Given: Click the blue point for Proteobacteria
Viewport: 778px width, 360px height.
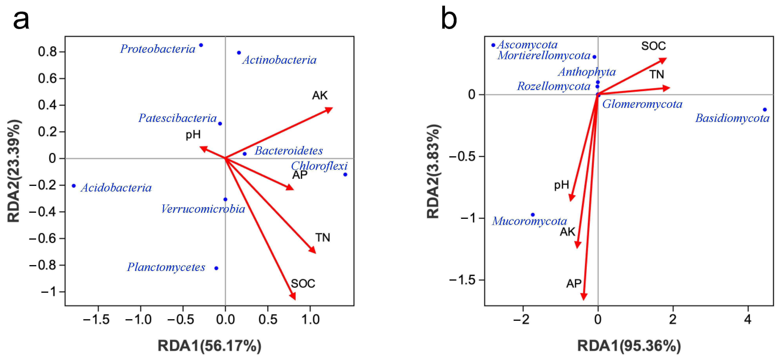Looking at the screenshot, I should (201, 45).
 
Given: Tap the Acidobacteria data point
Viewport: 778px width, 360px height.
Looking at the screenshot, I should (74, 186).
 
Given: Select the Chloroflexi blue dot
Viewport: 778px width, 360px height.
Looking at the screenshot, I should (345, 175).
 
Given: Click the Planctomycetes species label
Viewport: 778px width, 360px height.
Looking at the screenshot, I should (166, 267).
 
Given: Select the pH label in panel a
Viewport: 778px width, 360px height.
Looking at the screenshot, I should (193, 134).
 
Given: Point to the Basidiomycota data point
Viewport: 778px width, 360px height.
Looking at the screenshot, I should (765, 110).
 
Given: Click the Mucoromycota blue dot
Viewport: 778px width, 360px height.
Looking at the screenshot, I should (533, 215).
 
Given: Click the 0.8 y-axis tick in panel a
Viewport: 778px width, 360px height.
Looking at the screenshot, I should (47, 52).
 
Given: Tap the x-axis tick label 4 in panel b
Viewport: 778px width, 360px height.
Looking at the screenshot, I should (748, 319).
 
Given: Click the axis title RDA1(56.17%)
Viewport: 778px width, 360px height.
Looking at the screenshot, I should (209, 346).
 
